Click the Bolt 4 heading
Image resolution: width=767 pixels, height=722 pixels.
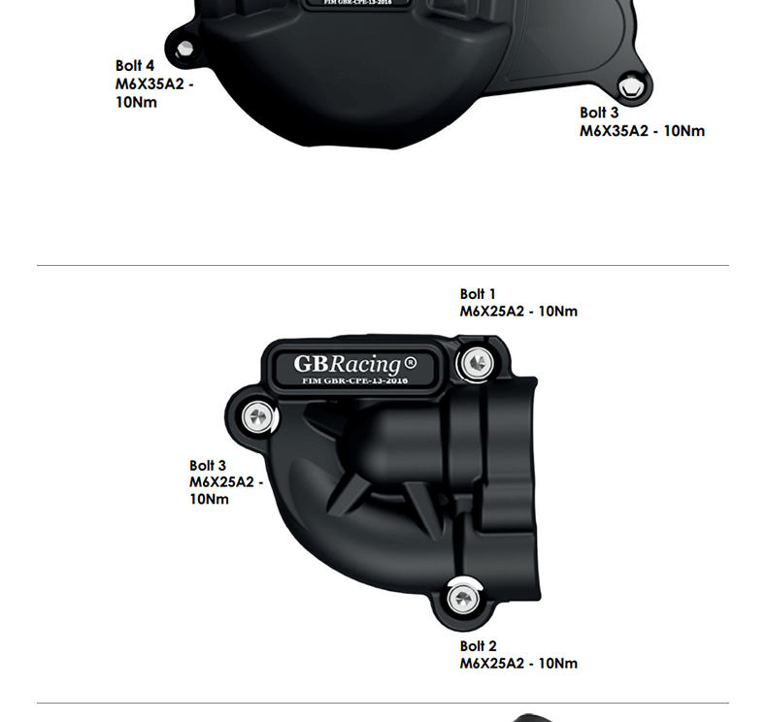tap(135, 66)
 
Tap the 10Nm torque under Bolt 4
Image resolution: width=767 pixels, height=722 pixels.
tap(136, 102)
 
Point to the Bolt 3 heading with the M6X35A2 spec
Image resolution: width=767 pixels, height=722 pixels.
tap(599, 113)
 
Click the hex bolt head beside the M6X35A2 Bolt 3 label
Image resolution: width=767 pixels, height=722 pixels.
tap(631, 88)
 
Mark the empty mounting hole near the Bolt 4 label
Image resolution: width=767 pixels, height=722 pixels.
tap(182, 48)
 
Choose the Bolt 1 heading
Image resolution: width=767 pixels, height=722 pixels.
tap(478, 294)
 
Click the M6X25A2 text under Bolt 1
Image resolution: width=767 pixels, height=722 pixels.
tap(491, 312)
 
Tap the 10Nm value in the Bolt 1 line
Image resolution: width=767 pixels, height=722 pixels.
tap(557, 312)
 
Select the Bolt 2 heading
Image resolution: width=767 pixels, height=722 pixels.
tap(478, 646)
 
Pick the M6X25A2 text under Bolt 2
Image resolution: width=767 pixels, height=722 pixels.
tap(491, 664)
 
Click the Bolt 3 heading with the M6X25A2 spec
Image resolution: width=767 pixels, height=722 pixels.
tap(208, 466)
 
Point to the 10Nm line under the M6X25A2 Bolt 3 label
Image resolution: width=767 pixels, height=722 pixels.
tap(209, 499)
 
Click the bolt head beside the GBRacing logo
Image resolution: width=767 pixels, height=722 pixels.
tap(475, 363)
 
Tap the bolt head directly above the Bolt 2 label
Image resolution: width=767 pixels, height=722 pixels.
tap(462, 597)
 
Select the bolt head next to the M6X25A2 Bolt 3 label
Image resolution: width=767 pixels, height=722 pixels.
tap(257, 418)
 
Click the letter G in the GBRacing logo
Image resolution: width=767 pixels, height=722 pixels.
tap(304, 364)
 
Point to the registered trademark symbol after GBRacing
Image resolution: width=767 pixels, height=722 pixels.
tap(410, 363)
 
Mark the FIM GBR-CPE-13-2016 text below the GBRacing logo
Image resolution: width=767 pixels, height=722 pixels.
tap(355, 381)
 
